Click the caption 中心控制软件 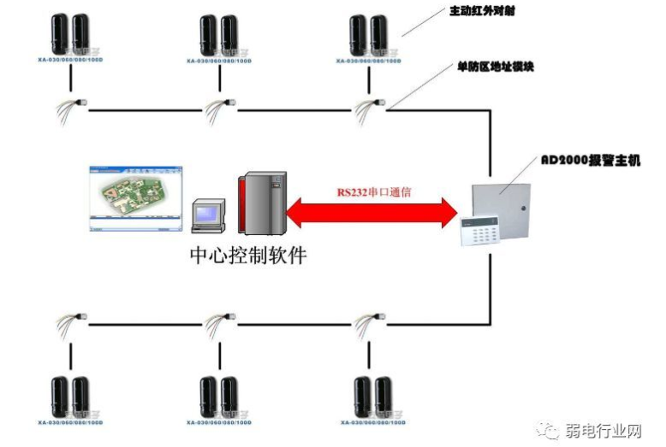pos(247,256)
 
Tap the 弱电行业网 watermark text pos(603,430)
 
